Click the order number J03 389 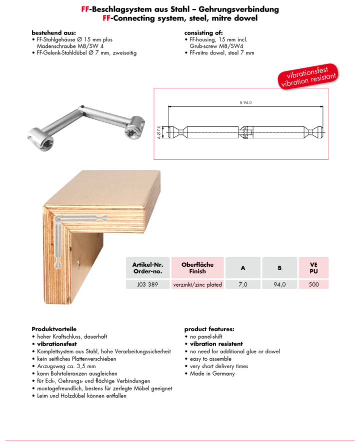point(148,284)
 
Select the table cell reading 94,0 point(279,284)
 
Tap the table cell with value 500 point(313,284)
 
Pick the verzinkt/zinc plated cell point(197,284)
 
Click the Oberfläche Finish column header point(197,268)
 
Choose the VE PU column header point(313,268)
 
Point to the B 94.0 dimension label point(245,102)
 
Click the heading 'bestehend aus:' point(53,32)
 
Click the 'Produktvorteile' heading point(54,329)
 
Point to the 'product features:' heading point(209,329)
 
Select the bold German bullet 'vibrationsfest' point(56,344)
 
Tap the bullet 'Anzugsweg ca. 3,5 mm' point(66,366)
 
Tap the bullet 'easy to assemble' point(211,359)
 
